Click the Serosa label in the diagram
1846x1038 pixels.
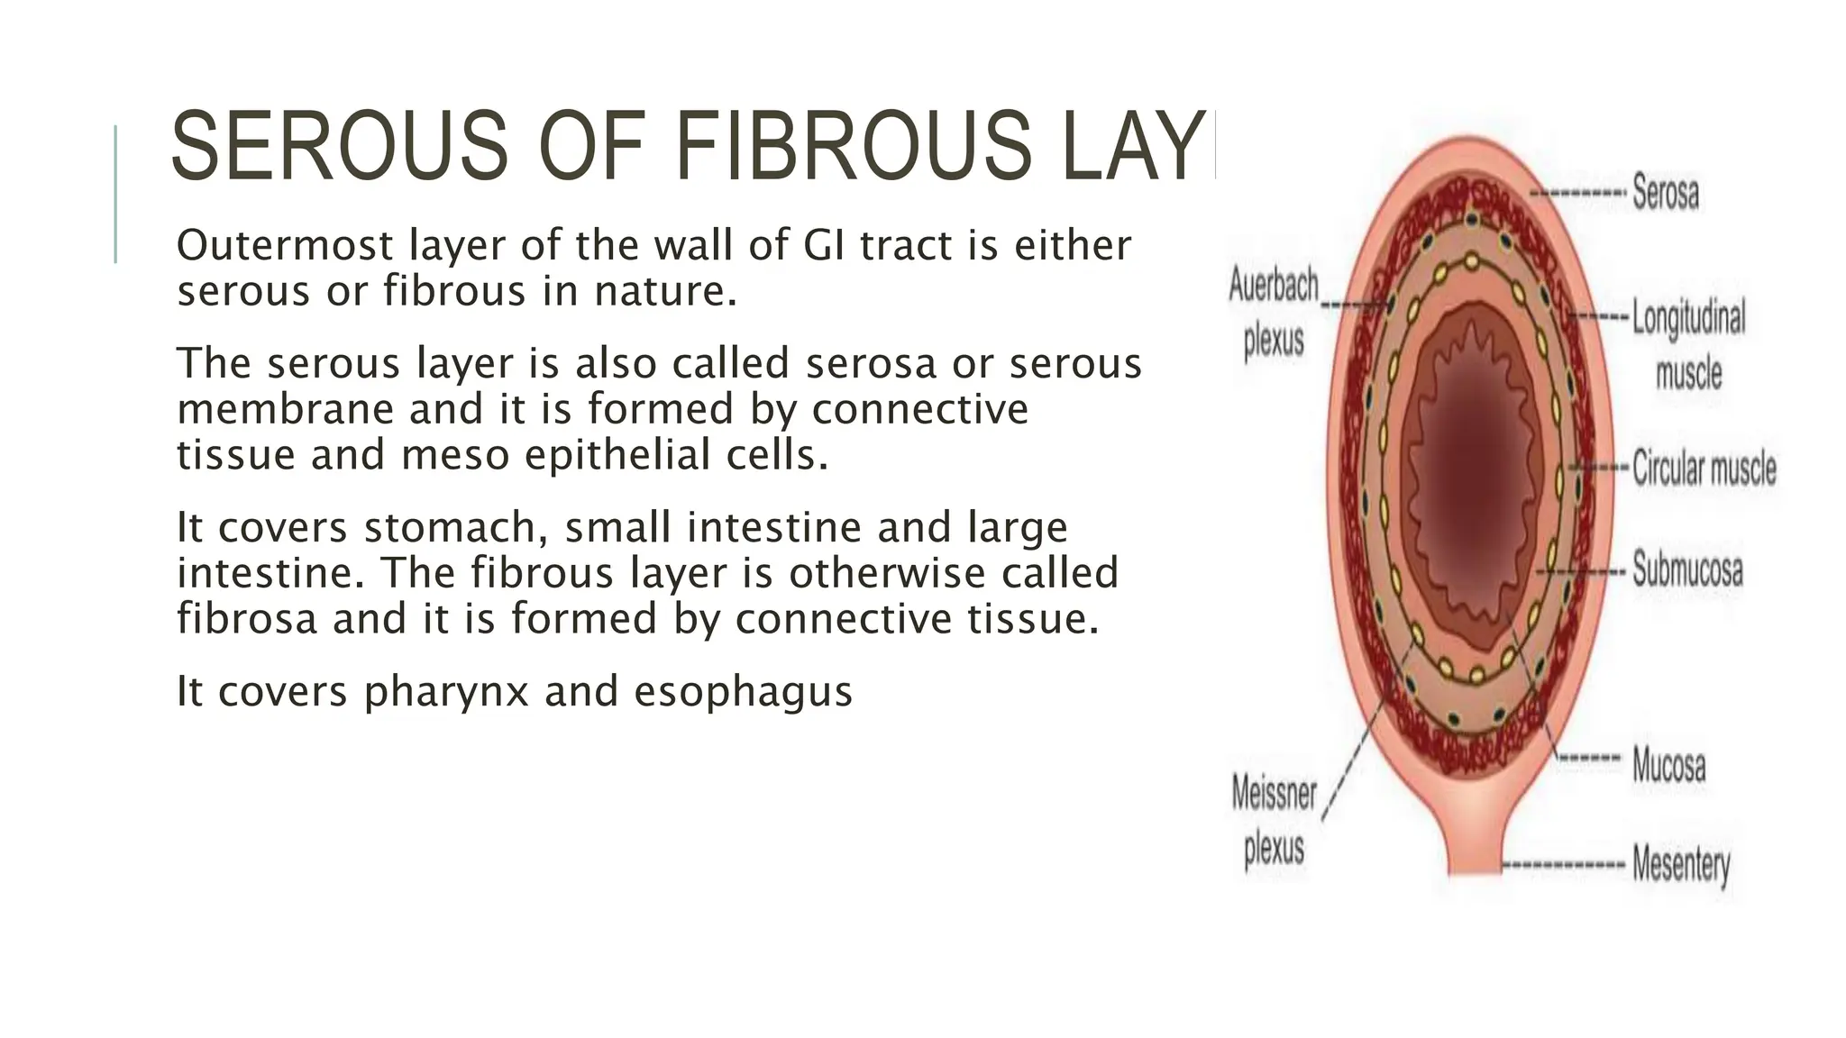coord(1665,193)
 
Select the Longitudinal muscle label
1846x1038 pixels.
coord(1688,344)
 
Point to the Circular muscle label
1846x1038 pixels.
coord(1704,469)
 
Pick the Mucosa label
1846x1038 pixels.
coord(1668,766)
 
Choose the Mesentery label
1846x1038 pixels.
coord(1681,865)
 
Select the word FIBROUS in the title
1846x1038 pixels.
coord(852,146)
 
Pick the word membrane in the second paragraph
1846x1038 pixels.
coord(285,409)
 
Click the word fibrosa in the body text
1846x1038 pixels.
coord(247,619)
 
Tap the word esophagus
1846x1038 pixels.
coord(743,692)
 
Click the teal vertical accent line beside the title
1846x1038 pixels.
coord(115,194)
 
